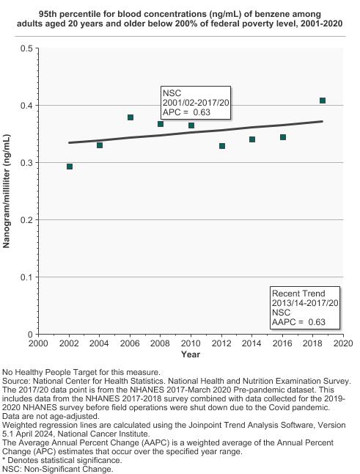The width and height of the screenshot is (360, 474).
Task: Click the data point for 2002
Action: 70,167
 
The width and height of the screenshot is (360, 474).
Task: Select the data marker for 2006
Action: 131,117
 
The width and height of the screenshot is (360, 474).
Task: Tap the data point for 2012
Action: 222,146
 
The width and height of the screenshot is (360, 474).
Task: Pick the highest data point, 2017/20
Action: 323,101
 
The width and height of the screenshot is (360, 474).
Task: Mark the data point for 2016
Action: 283,137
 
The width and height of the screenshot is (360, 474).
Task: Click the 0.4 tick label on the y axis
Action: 26,106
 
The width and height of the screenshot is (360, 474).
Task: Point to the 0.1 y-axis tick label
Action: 26,277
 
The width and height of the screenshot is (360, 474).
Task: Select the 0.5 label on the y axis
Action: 26,48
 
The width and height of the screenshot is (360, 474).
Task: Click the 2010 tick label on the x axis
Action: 191,343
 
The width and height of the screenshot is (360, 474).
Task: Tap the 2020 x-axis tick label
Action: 343,343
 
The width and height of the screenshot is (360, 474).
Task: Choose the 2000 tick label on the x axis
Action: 38,343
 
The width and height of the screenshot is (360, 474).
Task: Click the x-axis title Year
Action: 191,354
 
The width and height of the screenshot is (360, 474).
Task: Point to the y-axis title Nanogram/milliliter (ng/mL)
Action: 7,191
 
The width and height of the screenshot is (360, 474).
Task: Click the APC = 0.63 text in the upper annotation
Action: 186,112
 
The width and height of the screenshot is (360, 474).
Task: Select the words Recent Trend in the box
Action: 298,293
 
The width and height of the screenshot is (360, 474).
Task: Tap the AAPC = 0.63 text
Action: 298,322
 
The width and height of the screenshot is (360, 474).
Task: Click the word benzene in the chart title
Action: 258,14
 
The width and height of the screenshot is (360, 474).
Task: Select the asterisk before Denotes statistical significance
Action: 4,460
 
